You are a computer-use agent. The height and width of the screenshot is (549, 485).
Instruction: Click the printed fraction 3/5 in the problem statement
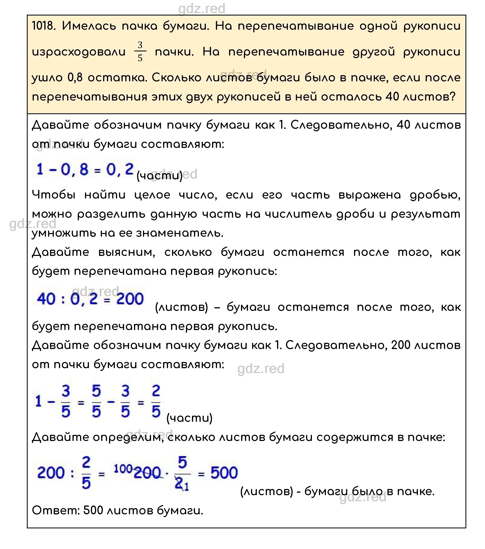(140, 52)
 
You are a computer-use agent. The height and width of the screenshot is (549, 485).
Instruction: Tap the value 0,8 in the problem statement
(75, 78)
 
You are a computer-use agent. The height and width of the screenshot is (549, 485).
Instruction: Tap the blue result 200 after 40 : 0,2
(130, 299)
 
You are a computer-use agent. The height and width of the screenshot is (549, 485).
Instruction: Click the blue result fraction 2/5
(156, 401)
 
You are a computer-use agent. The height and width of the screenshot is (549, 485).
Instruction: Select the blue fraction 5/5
(96, 401)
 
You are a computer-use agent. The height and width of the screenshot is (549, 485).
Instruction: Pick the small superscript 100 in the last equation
(123, 469)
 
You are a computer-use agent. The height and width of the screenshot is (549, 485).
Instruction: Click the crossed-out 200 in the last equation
(147, 473)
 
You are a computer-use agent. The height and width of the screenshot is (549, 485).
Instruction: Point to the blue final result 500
(224, 473)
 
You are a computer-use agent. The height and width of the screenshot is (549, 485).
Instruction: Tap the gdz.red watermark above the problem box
(202, 9)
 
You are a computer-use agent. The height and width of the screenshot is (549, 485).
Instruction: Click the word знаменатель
(180, 233)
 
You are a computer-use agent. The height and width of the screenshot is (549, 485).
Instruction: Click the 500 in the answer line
(93, 510)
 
